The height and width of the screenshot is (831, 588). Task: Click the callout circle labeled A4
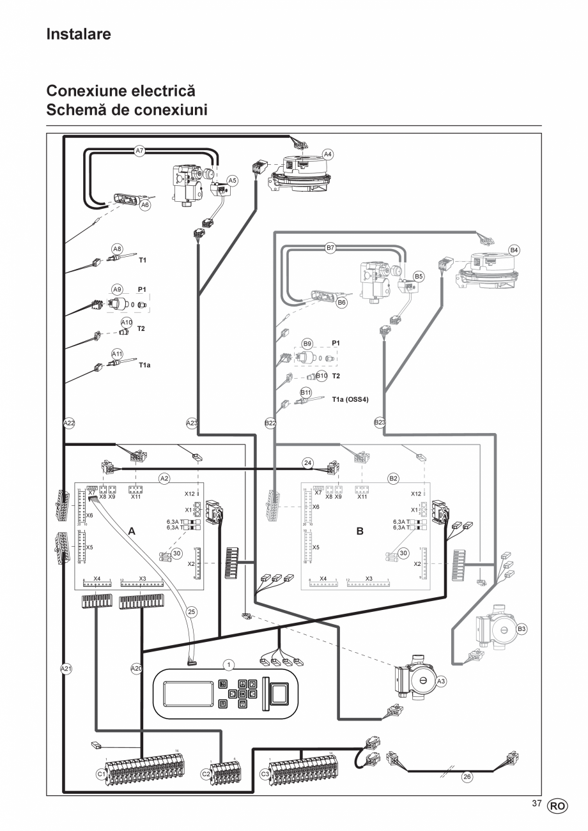click(x=328, y=154)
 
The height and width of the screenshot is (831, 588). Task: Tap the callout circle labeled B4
click(x=514, y=250)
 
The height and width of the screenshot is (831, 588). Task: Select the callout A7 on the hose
click(x=140, y=151)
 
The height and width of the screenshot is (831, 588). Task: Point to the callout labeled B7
click(x=330, y=248)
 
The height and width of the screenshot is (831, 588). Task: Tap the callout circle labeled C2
click(x=206, y=774)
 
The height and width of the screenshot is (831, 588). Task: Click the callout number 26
click(x=467, y=777)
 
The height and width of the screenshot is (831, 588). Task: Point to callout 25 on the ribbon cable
click(x=191, y=611)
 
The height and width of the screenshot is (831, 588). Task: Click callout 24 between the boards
click(x=308, y=462)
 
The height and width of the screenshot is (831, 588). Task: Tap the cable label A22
click(x=69, y=422)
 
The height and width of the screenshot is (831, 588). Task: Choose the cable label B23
click(x=380, y=422)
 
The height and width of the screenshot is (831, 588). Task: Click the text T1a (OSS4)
click(x=350, y=399)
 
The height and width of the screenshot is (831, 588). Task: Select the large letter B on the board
click(x=360, y=531)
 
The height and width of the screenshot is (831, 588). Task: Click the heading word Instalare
click(x=79, y=34)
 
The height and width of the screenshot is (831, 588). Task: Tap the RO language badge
click(x=557, y=806)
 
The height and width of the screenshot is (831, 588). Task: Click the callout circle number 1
click(x=228, y=665)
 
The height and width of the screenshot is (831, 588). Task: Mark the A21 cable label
click(x=66, y=669)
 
